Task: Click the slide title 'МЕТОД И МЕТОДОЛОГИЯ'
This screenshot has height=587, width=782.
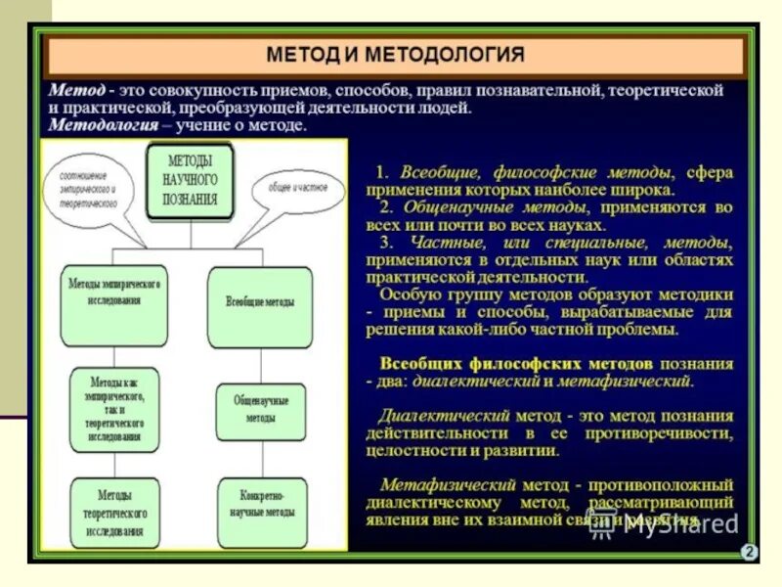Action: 396,54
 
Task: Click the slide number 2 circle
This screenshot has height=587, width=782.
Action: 749,553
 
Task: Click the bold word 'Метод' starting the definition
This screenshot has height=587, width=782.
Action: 76,89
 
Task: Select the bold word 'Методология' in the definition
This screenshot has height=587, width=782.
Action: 103,126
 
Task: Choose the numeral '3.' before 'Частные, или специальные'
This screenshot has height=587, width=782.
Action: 388,243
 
